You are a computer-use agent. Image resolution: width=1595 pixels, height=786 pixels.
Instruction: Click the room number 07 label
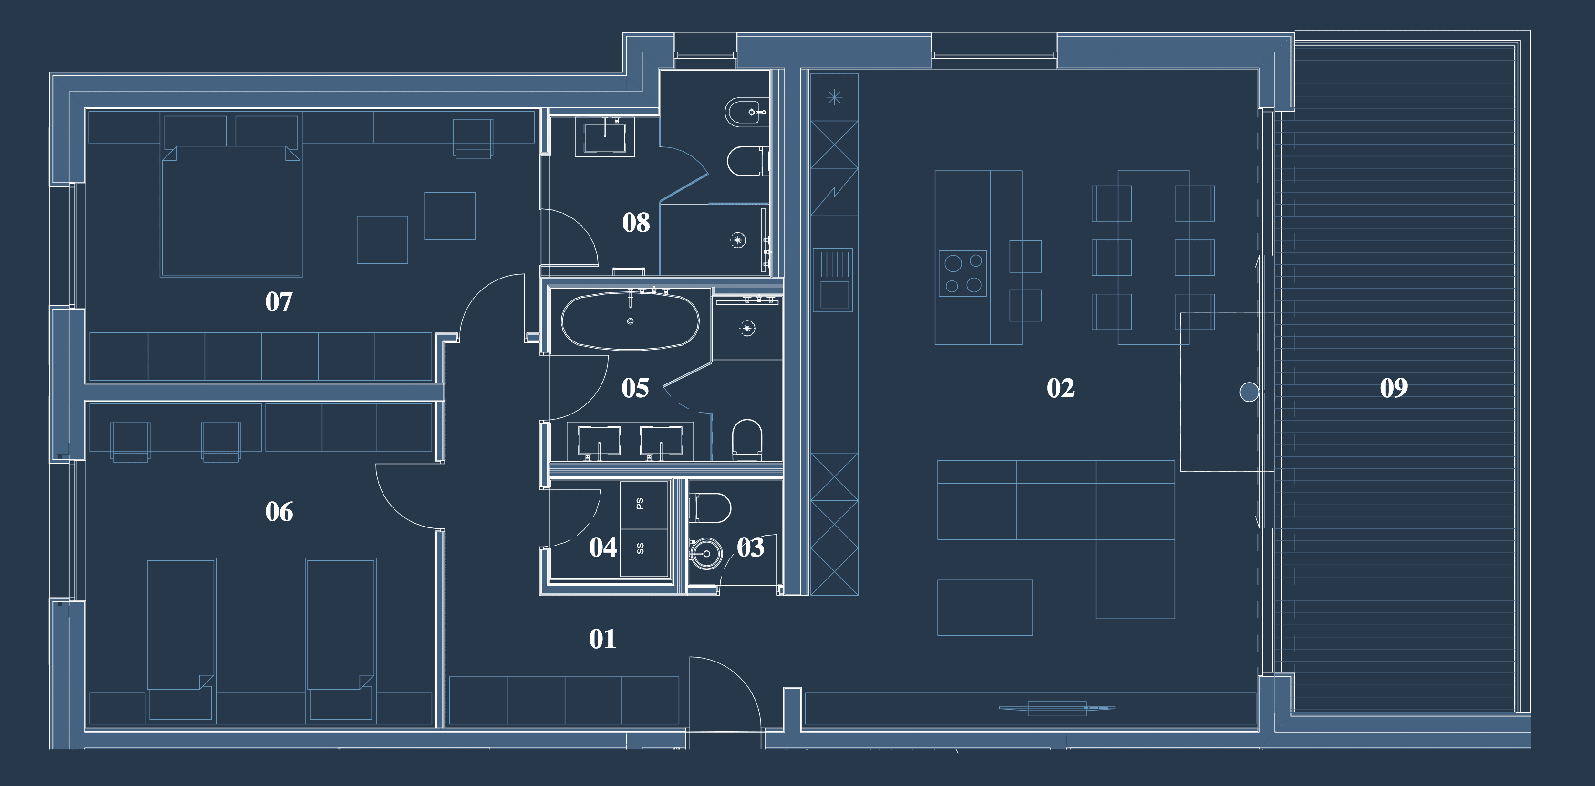(279, 302)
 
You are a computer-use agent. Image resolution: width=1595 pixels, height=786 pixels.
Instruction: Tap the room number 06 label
(279, 512)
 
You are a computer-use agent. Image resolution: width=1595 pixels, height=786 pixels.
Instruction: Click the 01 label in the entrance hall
(602, 639)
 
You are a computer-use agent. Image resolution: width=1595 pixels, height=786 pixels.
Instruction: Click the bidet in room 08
(746, 112)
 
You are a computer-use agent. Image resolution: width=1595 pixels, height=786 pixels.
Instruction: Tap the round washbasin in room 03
(705, 553)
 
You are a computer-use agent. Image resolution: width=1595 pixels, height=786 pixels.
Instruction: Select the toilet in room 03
(710, 507)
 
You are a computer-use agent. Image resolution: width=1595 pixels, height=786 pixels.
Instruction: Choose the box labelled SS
(644, 553)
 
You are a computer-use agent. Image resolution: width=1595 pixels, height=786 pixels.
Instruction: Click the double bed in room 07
(231, 210)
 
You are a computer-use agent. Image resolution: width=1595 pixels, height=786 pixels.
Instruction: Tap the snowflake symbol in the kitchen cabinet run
(834, 97)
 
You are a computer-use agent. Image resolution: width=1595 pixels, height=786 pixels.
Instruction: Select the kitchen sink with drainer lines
(833, 280)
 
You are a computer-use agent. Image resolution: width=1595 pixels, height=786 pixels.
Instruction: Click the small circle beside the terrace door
(1249, 392)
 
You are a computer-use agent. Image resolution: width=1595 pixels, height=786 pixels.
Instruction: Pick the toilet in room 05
(747, 439)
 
